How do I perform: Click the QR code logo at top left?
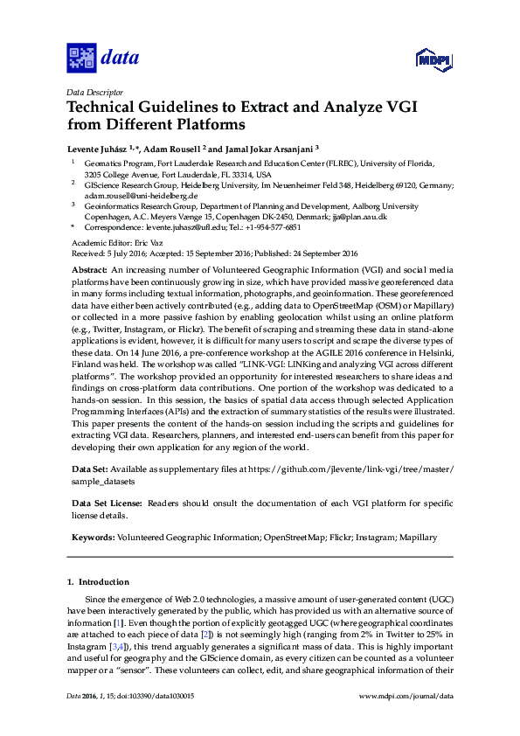click(81, 59)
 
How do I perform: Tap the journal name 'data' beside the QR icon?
click(121, 59)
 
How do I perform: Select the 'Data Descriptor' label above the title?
click(94, 91)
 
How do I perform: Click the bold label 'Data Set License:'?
click(107, 503)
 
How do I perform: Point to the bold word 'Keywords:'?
click(93, 537)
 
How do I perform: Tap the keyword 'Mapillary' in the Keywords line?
click(415, 537)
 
